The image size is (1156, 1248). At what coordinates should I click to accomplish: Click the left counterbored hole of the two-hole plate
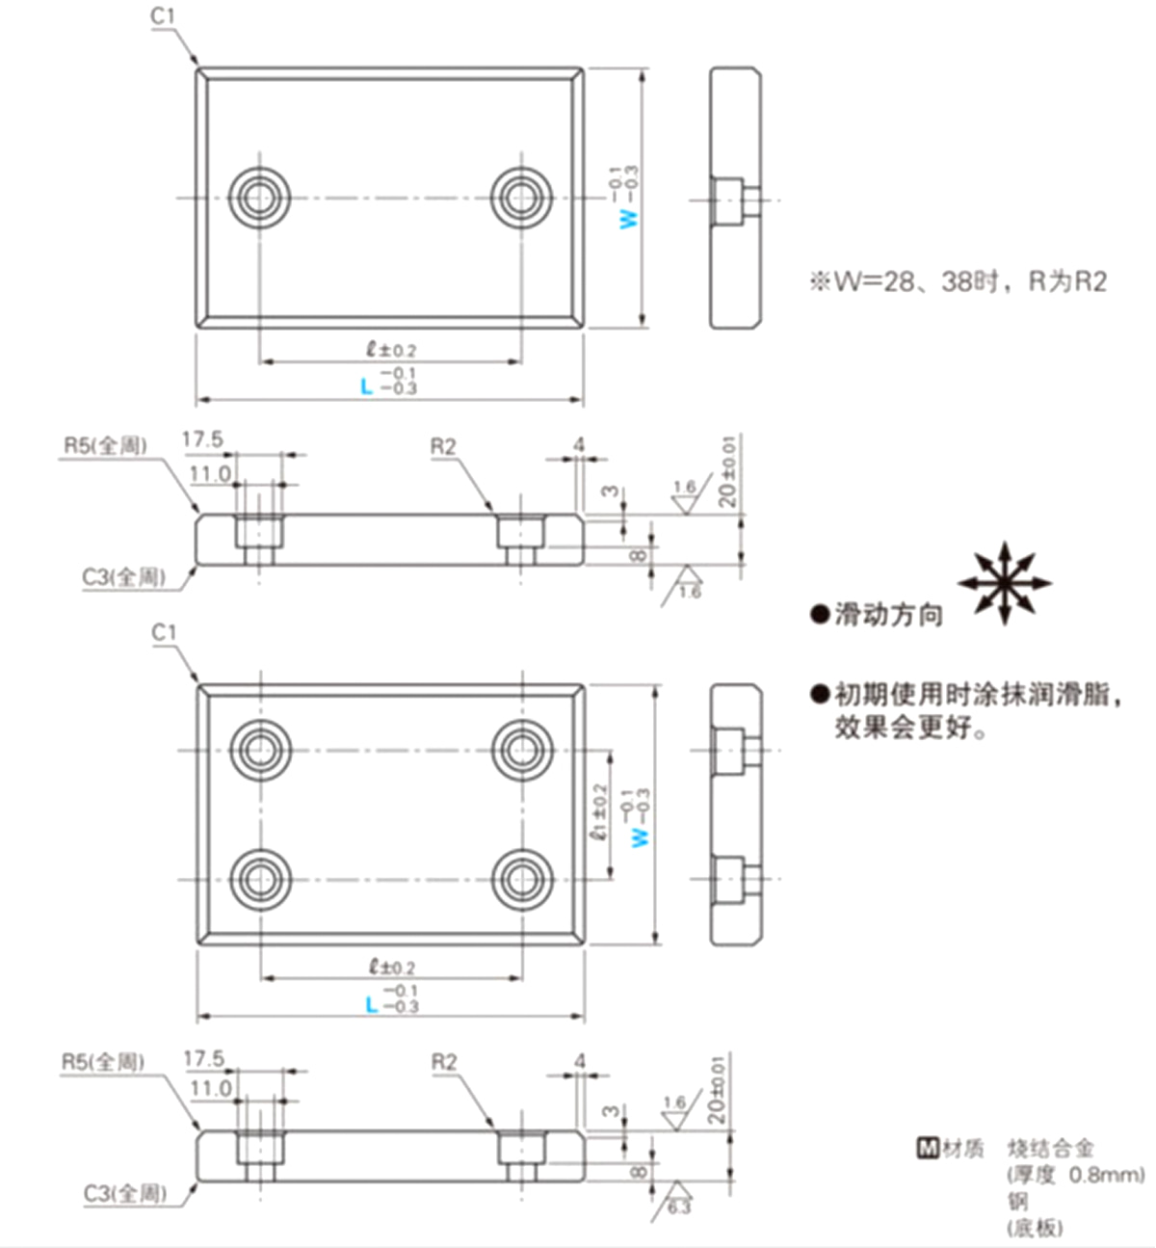[x=258, y=199]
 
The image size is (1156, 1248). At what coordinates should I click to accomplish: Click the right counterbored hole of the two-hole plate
[x=521, y=199]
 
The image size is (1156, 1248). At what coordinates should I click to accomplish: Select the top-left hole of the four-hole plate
[x=259, y=749]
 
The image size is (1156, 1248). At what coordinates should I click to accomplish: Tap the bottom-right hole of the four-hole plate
[x=521, y=879]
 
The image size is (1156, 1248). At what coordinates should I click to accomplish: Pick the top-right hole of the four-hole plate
[x=521, y=749]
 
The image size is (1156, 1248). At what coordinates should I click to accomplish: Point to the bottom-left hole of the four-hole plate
[x=259, y=879]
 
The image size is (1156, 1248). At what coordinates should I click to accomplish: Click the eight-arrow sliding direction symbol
[x=1004, y=583]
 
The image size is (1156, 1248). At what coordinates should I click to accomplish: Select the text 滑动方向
[x=887, y=615]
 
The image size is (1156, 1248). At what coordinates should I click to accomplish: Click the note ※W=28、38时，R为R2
[x=957, y=281]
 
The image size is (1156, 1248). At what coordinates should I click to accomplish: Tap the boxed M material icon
[x=927, y=1148]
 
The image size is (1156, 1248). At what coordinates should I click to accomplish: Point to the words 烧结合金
[x=1051, y=1148]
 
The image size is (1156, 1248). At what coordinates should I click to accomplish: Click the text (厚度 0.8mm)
[x=1076, y=1175]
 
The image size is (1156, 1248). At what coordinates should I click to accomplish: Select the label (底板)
[x=1035, y=1228]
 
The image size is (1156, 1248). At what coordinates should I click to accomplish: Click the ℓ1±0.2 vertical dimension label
[x=598, y=811]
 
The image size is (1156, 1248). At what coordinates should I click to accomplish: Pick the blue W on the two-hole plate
[x=630, y=218]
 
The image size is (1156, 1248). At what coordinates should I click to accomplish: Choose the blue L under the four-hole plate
[x=371, y=1005]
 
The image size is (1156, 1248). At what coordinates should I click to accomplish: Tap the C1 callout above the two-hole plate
[x=164, y=15]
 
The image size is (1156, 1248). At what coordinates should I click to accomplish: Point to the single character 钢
[x=1017, y=1202]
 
